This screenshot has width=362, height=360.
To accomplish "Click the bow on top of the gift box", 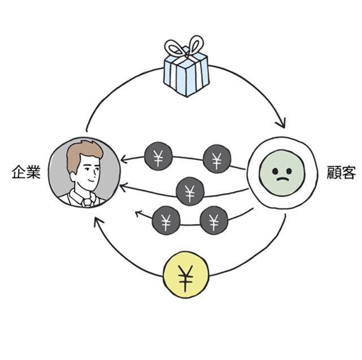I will (185, 47).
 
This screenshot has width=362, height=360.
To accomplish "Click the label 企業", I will (25, 172).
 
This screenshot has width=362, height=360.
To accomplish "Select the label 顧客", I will (341, 172).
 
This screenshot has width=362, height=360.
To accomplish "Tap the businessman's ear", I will (74, 172).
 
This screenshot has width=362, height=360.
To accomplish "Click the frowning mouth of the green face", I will (281, 180).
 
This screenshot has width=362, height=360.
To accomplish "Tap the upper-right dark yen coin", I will (217, 159).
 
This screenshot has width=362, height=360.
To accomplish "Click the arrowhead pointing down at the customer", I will (281, 124).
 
